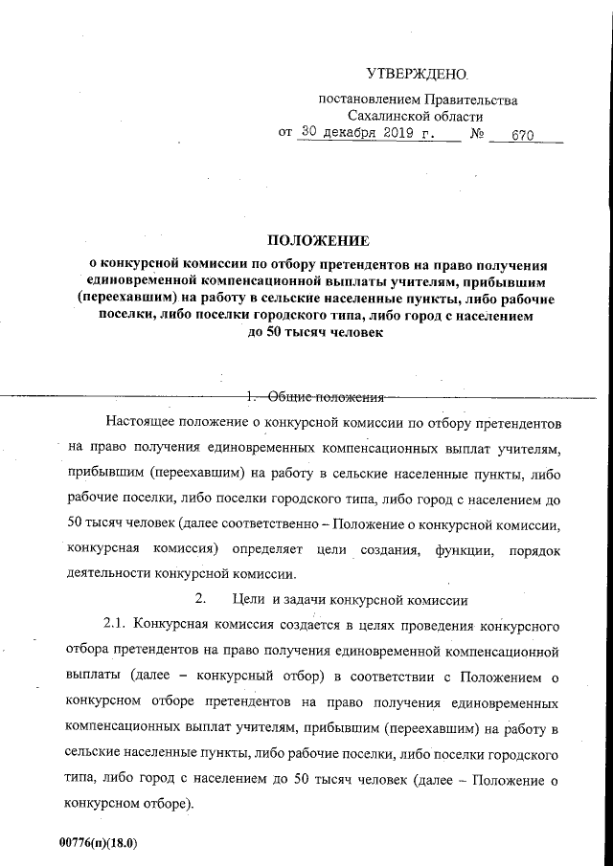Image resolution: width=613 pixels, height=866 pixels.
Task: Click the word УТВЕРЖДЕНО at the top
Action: click(x=417, y=74)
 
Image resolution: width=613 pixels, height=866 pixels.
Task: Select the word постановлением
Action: click(x=365, y=100)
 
